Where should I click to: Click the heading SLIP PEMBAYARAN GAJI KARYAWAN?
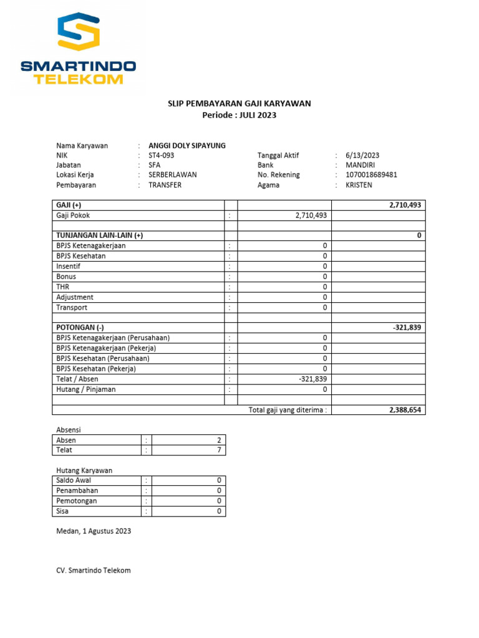239,103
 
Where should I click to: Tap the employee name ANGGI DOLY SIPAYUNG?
187,146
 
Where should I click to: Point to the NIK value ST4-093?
162,156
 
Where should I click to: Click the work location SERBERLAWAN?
172,175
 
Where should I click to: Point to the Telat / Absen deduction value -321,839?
313,379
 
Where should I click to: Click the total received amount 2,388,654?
405,410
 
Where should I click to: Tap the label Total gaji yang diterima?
287,410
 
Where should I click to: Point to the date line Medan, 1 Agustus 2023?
94,531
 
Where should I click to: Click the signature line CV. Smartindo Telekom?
94,570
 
